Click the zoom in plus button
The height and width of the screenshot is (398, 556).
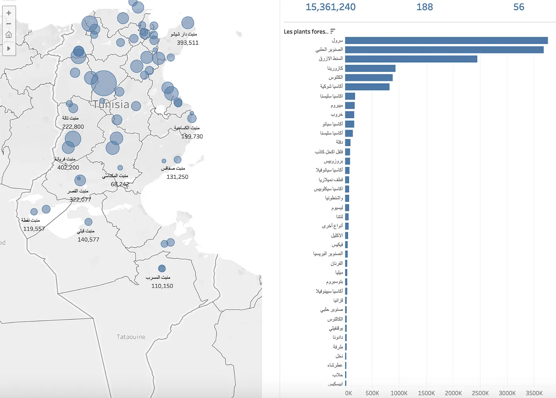[8, 13]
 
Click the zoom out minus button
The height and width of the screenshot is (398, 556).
[8, 24]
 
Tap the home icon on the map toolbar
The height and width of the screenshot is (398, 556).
[8, 35]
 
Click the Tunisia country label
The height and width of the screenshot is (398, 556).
[111, 104]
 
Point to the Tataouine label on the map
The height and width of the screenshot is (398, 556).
[131, 337]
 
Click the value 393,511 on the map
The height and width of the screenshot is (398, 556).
[187, 43]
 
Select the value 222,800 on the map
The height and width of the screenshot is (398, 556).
[73, 127]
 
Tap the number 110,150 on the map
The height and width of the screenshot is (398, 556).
[162, 286]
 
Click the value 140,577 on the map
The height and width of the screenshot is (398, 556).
[88, 240]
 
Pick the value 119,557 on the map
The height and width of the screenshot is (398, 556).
[34, 229]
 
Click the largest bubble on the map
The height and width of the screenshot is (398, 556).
[104, 83]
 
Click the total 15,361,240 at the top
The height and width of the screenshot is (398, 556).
[330, 7]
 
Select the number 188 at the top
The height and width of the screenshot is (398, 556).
[425, 7]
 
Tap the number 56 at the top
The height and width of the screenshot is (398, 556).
[519, 7]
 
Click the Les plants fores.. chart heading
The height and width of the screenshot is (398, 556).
[306, 31]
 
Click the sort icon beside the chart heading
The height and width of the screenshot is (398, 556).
[333, 31]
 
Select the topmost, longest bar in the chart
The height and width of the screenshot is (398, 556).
[446, 41]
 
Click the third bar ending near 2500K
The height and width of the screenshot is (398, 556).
[411, 59]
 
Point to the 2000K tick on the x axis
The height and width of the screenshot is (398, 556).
[453, 393]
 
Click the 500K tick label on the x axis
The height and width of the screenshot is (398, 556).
[372, 393]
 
